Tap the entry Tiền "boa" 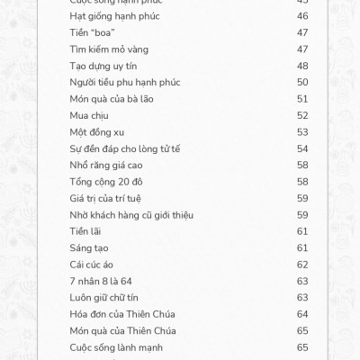point(91,32)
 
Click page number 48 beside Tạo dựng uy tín point(302,66)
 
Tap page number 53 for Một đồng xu point(302,131)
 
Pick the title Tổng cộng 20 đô point(106,181)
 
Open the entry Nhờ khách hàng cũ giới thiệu point(131,214)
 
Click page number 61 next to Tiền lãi point(302,230)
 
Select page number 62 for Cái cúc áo point(302,264)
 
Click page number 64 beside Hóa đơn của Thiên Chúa point(302,313)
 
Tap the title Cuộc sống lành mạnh point(116,346)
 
